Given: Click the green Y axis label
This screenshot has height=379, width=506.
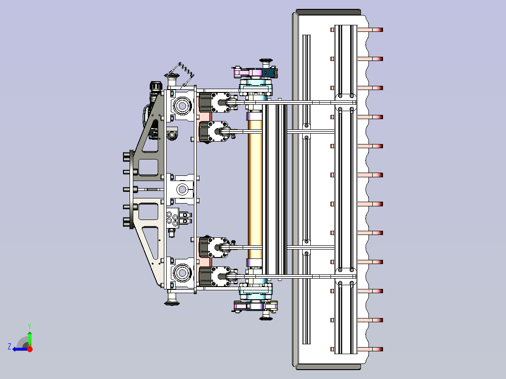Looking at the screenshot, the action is [30, 326].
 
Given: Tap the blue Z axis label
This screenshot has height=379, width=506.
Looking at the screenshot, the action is [9, 347].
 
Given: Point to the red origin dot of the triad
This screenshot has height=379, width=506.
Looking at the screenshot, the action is [30, 349].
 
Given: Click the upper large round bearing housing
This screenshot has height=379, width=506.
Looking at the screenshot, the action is [182, 106].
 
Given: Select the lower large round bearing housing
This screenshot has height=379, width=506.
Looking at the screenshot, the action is [182, 273].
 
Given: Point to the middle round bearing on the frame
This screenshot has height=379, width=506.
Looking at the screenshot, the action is [182, 189].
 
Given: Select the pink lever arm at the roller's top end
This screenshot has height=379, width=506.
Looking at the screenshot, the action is [247, 73].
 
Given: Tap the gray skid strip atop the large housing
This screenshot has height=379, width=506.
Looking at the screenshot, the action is [329, 12].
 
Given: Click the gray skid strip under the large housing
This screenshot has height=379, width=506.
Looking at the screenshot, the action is [329, 367].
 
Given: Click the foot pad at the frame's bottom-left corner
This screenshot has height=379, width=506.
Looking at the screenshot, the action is [172, 302].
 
